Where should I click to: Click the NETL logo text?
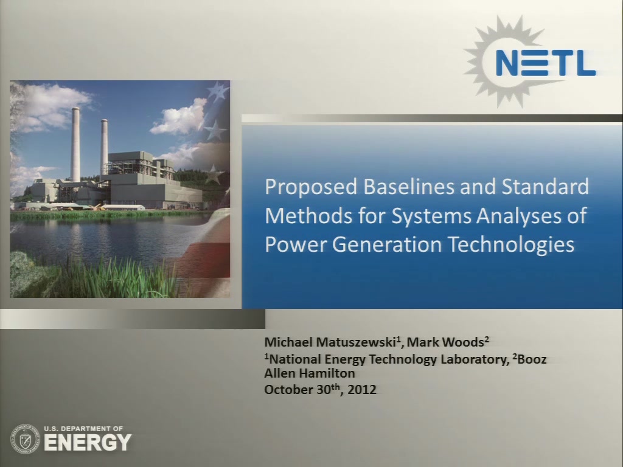pyautogui.click(x=545, y=62)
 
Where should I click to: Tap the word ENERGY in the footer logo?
pyautogui.click(x=88, y=443)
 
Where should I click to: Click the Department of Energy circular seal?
pyautogui.click(x=25, y=439)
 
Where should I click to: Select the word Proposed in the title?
pyautogui.click(x=311, y=187)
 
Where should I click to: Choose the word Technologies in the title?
pyautogui.click(x=512, y=244)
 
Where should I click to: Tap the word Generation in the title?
pyautogui.click(x=387, y=244)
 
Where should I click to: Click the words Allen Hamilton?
pyautogui.click(x=310, y=373)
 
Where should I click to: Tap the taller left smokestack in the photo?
pyautogui.click(x=75, y=145)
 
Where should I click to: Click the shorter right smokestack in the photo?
pyautogui.click(x=104, y=147)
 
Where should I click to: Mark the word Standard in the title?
pyautogui.click(x=545, y=186)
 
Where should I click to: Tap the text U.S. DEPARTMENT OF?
pyautogui.click(x=83, y=429)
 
